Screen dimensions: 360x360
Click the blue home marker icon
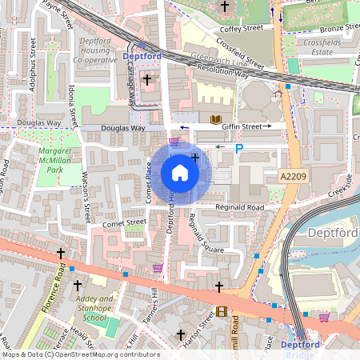(180, 173)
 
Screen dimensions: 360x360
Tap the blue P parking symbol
(238, 148)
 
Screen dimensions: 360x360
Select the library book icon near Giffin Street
(215, 120)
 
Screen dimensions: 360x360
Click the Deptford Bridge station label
(301, 350)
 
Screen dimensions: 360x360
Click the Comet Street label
(124, 222)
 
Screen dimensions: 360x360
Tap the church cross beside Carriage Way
(147, 79)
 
